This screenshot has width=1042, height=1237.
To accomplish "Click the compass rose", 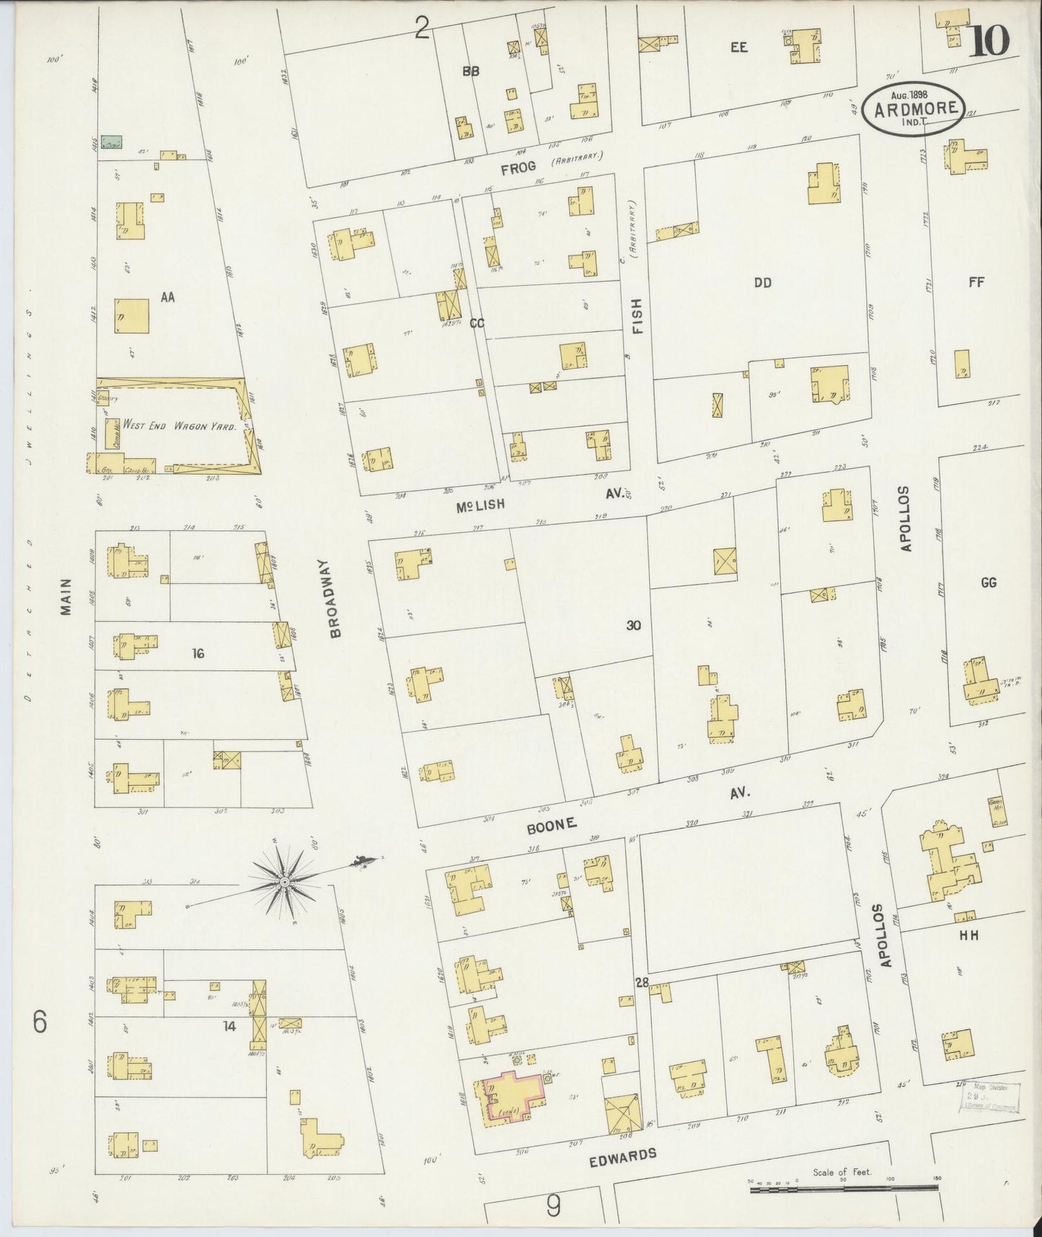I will click(285, 881).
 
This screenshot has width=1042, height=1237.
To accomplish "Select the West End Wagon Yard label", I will click(180, 426).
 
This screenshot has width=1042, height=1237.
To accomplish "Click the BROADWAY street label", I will click(335, 598).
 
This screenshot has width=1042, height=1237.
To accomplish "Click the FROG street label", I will click(518, 167).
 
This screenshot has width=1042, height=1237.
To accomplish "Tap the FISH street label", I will click(637, 318).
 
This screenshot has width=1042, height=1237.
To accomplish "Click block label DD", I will click(763, 283).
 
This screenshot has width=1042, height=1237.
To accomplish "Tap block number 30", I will click(633, 626).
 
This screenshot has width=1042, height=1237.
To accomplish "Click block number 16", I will click(198, 653).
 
